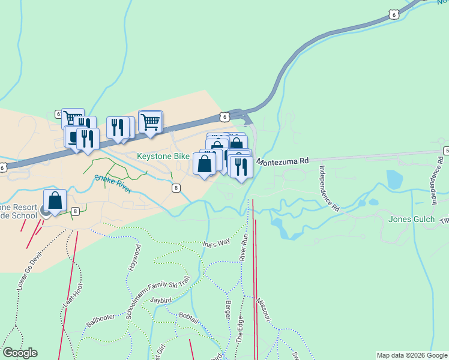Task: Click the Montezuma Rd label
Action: (x=282, y=161)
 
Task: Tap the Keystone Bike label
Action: (x=163, y=156)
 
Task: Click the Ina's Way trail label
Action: (x=216, y=242)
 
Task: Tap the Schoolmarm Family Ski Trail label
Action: (x=157, y=298)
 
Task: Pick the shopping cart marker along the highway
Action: (x=150, y=122)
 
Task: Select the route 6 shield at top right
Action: (x=393, y=14)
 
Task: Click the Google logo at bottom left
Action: (x=20, y=353)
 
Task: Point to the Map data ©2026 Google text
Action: (x=412, y=355)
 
